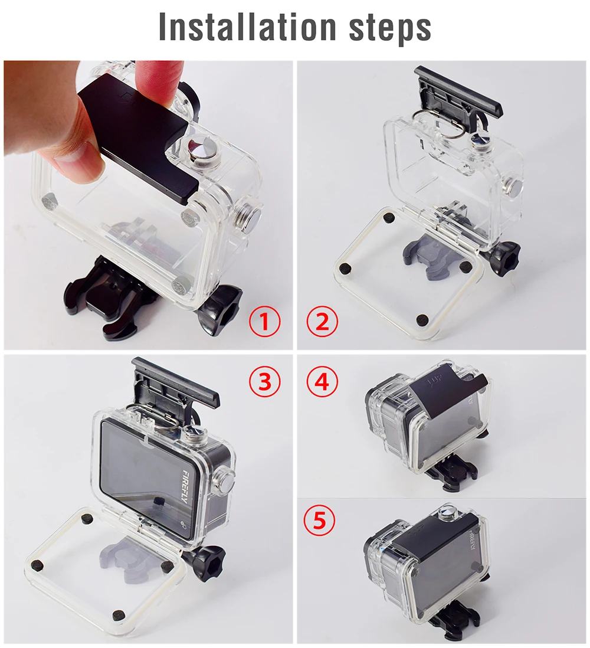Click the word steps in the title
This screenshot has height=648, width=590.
click(390, 29)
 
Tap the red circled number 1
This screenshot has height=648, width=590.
click(265, 322)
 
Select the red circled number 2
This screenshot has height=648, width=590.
click(322, 322)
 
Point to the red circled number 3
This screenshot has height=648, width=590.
click(265, 382)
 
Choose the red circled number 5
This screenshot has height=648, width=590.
click(319, 521)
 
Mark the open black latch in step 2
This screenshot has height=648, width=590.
click(458, 93)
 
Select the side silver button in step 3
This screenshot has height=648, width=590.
click(227, 479)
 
